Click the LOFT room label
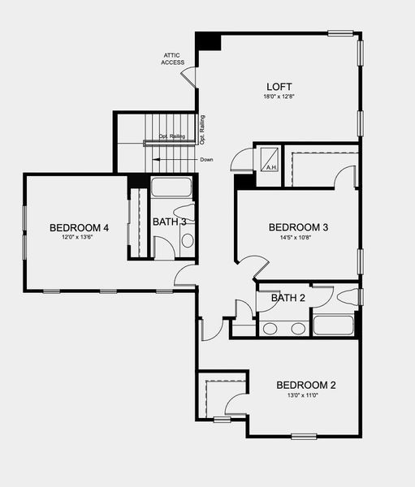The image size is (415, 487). point(279,87)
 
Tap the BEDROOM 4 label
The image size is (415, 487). point(80,227)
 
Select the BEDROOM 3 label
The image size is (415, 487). point(298,227)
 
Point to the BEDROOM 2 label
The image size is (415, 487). point(305,385)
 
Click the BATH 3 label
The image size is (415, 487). point(170,222)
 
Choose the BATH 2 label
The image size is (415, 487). point(288,298)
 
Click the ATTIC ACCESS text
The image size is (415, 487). point(172,58)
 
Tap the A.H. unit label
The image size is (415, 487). point(270,168)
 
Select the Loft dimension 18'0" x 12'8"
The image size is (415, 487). point(279,97)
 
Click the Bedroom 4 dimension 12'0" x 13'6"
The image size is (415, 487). point(80,238)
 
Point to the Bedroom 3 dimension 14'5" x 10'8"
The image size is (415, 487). point(298,238)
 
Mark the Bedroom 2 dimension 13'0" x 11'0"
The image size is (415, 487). point(305,395)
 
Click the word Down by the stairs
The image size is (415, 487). point(207,159)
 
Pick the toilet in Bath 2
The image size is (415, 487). point(345,296)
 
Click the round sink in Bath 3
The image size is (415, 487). point(187,240)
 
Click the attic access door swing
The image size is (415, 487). point(188,78)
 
